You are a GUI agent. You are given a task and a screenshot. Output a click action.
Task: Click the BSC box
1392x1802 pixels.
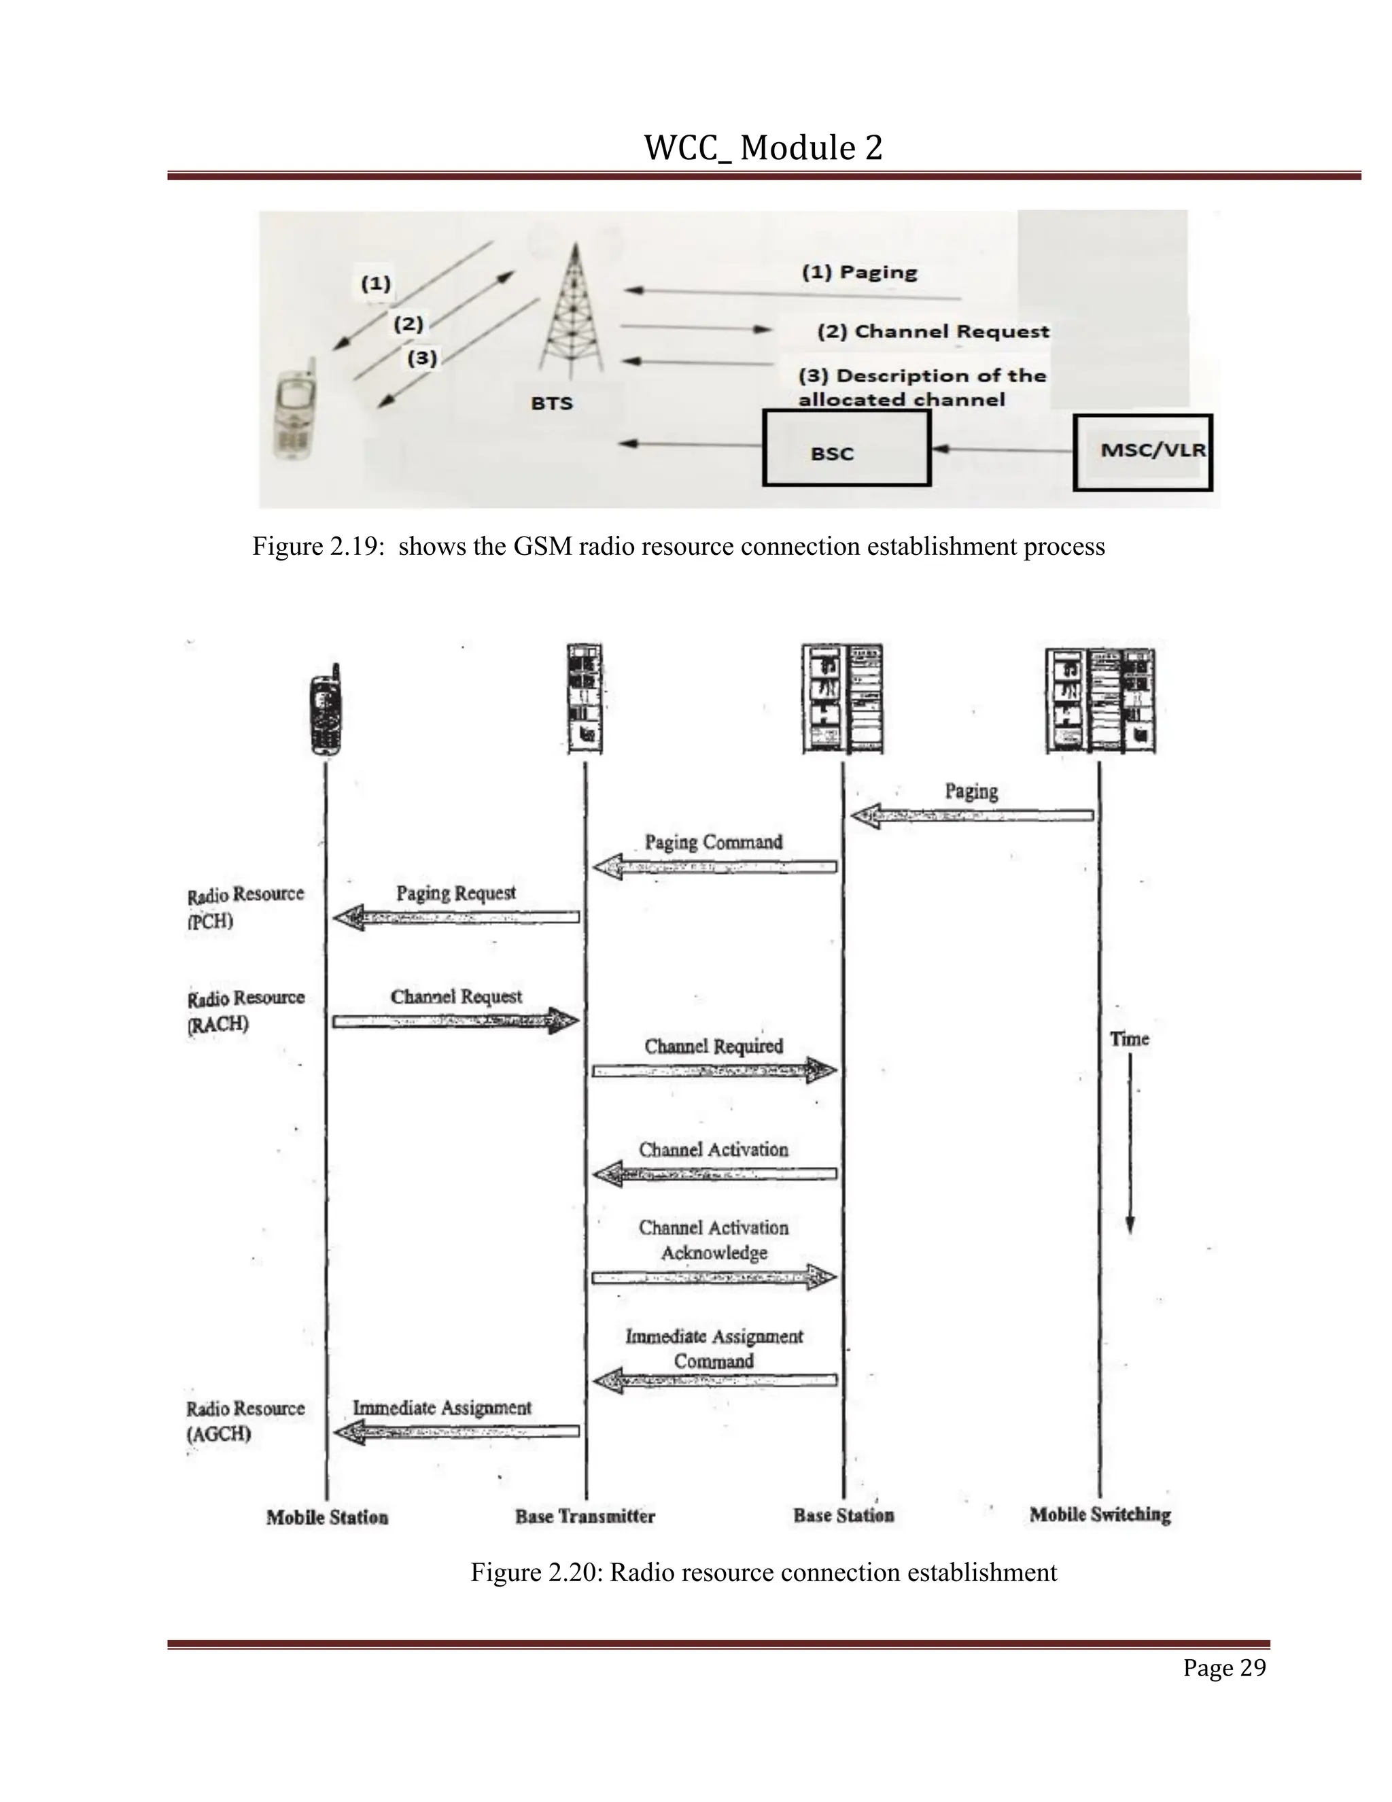(846, 448)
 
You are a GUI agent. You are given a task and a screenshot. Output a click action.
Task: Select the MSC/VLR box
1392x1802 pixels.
(1142, 452)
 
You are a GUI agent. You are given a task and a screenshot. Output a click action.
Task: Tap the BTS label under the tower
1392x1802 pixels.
(552, 403)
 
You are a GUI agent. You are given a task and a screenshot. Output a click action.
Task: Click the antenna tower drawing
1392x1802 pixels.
(572, 310)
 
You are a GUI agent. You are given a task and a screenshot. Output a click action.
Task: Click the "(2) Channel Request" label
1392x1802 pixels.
(933, 332)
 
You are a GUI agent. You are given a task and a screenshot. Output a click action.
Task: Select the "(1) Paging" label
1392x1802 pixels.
(859, 272)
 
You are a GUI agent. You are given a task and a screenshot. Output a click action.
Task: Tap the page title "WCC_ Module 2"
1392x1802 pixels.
(763, 148)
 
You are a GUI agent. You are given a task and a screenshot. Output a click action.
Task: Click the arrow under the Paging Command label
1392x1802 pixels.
(714, 867)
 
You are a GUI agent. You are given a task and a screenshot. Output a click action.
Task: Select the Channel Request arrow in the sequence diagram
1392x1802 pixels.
(455, 1021)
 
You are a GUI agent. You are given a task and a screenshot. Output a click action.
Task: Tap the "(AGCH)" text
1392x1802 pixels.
(219, 1434)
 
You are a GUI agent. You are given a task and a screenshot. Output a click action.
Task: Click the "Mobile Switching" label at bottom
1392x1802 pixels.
(1100, 1515)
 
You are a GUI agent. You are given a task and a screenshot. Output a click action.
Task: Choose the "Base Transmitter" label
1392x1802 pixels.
(585, 1516)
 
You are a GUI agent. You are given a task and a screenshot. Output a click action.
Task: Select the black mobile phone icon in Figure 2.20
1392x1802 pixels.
(326, 711)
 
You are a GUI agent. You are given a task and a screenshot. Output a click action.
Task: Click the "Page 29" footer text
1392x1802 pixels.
(1223, 1668)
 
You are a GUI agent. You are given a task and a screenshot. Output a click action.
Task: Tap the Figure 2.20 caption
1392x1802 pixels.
(763, 1573)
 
